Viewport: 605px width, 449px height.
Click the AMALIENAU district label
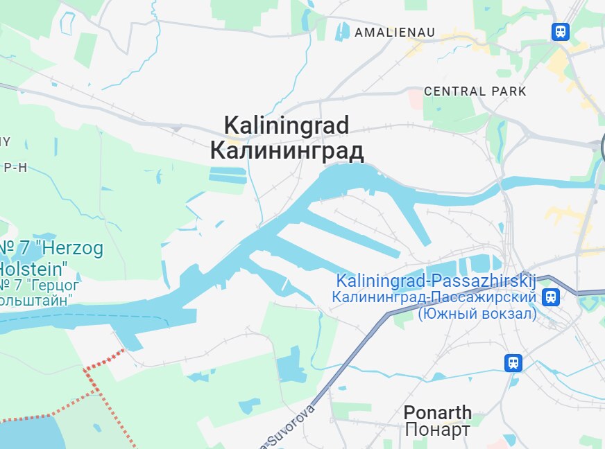click(x=394, y=33)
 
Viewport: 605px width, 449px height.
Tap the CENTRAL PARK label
click(x=475, y=91)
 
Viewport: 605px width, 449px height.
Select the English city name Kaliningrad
click(x=286, y=126)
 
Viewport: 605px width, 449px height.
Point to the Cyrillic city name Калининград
click(x=287, y=150)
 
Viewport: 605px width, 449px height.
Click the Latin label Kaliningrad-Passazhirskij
click(x=436, y=281)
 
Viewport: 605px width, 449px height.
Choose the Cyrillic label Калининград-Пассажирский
click(x=434, y=297)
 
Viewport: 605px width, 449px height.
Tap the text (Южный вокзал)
click(x=477, y=313)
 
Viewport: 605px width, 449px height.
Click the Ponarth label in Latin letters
click(x=437, y=413)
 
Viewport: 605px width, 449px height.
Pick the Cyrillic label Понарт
click(x=437, y=430)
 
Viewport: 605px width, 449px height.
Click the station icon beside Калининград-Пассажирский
click(x=551, y=297)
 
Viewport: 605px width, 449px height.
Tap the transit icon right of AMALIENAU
click(x=560, y=31)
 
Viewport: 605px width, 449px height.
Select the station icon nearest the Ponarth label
click(x=513, y=362)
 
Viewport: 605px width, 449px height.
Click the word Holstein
click(x=33, y=267)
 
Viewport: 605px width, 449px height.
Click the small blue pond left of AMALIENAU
click(x=343, y=30)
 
